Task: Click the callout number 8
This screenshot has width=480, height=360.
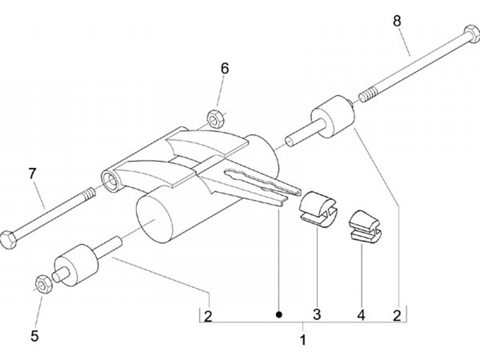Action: tap(397, 21)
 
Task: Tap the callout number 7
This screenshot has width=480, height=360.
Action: tap(32, 173)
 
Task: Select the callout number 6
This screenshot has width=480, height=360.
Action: tap(225, 68)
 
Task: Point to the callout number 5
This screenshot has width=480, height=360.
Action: tap(34, 336)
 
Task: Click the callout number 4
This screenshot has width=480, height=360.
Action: tap(361, 314)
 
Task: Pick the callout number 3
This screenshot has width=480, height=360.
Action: tap(317, 314)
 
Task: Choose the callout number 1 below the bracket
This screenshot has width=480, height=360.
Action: tap(303, 340)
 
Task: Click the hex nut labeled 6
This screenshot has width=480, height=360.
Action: tap(215, 118)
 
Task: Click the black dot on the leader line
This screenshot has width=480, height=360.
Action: tap(280, 313)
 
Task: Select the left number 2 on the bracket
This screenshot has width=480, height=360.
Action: tap(208, 316)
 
